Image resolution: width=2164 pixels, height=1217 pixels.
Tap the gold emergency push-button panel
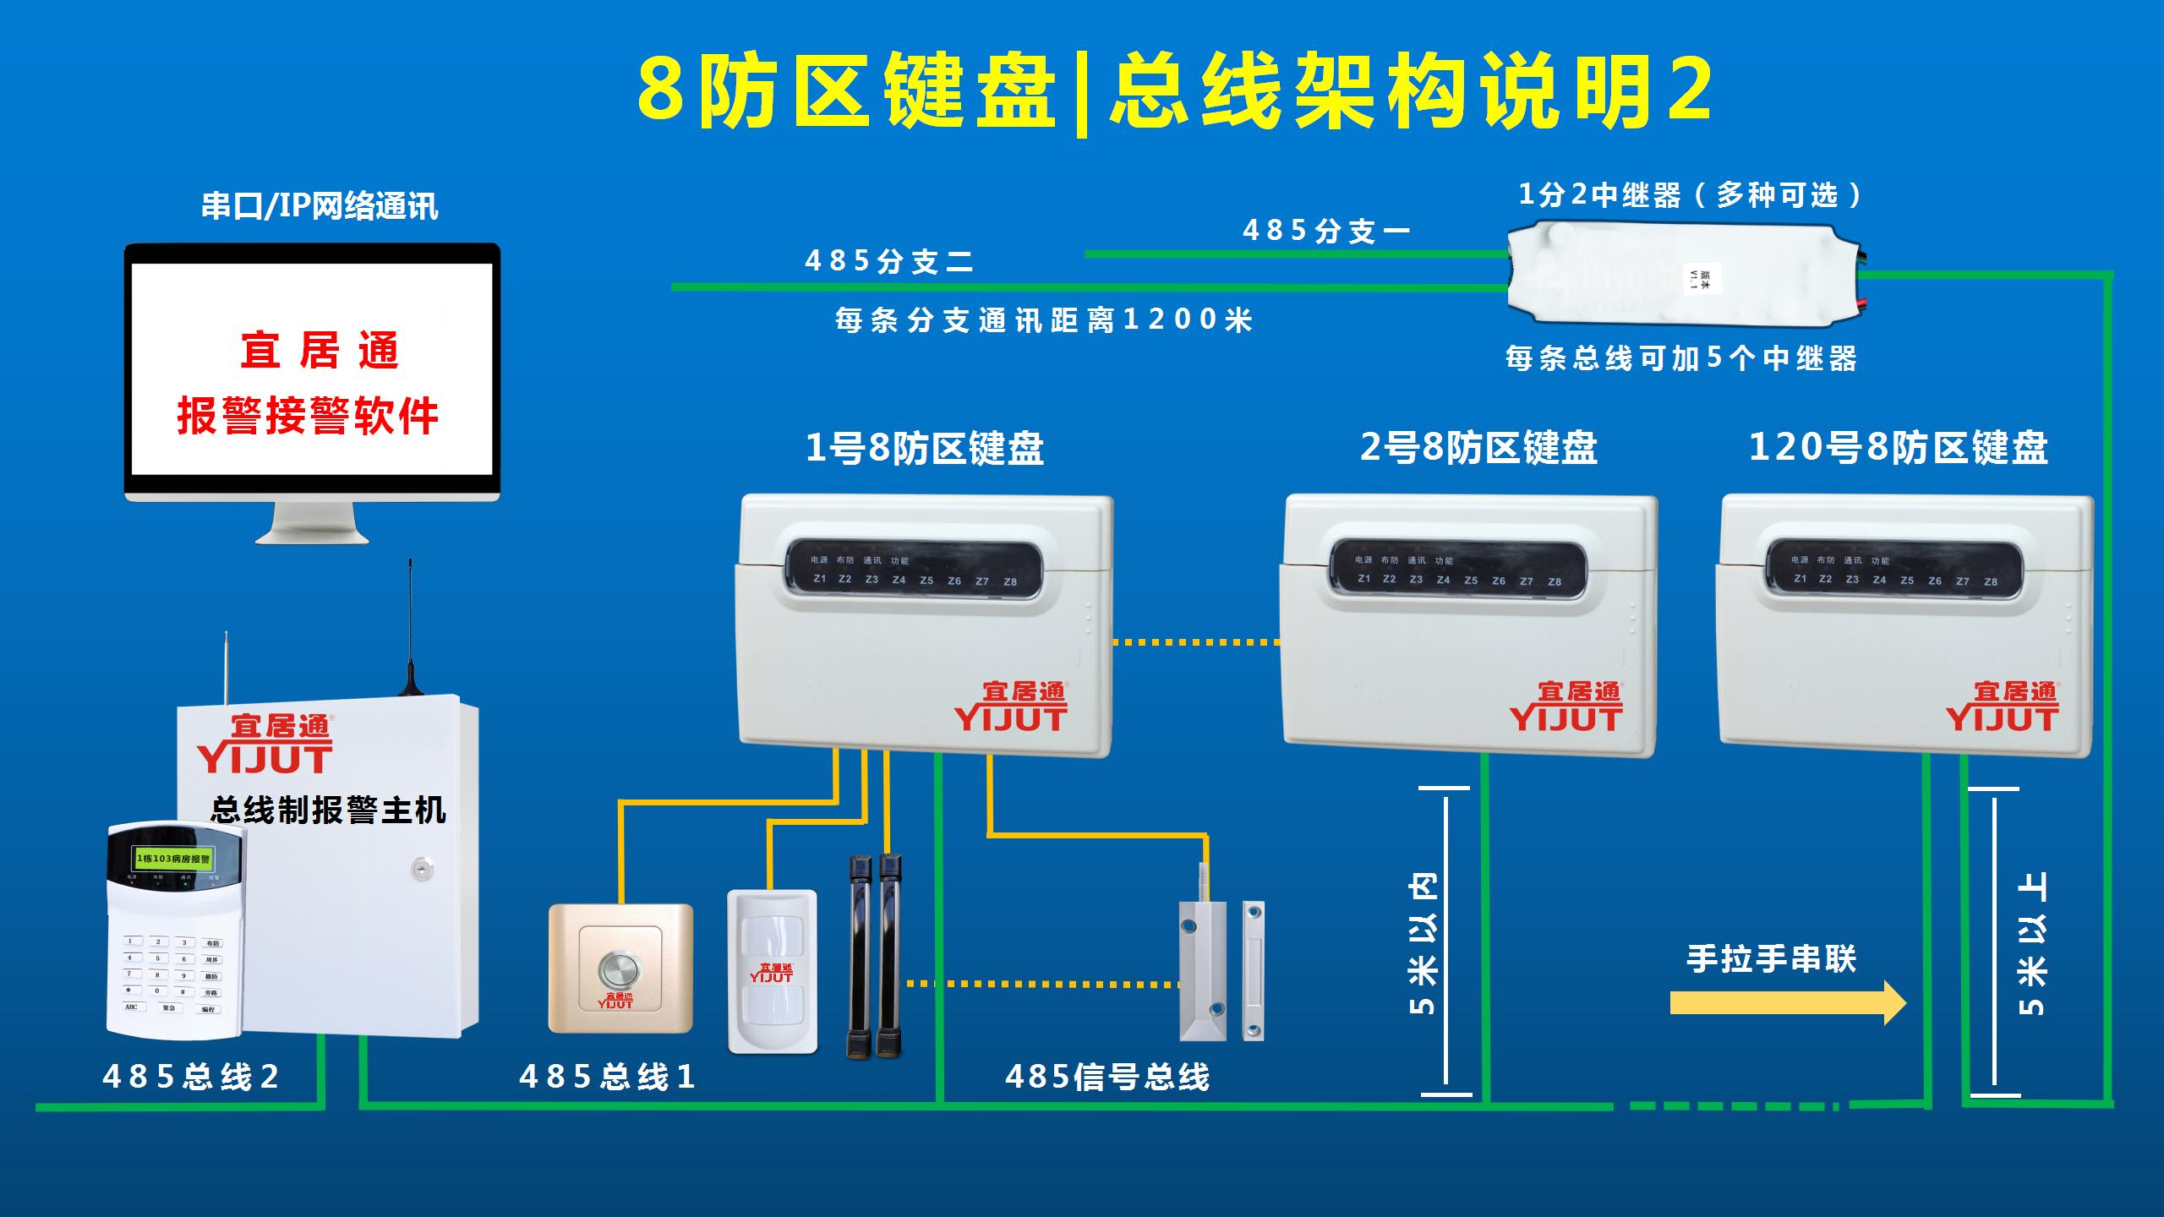[x=620, y=969]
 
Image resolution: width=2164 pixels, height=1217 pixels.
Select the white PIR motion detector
[x=773, y=972]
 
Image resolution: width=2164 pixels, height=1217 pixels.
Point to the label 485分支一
[x=1325, y=231]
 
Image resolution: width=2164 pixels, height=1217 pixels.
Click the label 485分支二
[x=888, y=261]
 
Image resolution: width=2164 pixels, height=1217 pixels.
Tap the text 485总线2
[x=191, y=1077]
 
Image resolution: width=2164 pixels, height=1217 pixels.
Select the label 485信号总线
[x=1107, y=1077]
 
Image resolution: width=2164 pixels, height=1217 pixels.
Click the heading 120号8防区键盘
[x=1898, y=448]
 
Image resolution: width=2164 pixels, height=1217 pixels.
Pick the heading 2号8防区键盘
[x=1478, y=448]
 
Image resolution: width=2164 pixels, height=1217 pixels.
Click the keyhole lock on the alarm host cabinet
[x=419, y=867]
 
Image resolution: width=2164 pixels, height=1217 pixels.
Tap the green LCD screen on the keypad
[x=173, y=859]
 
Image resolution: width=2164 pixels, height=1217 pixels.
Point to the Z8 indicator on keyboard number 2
[x=1555, y=581]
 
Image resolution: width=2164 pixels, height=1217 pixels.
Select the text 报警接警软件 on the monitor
[x=308, y=416]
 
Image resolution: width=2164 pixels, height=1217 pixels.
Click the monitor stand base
[x=312, y=535]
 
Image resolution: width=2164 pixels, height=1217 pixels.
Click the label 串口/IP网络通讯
[x=320, y=206]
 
